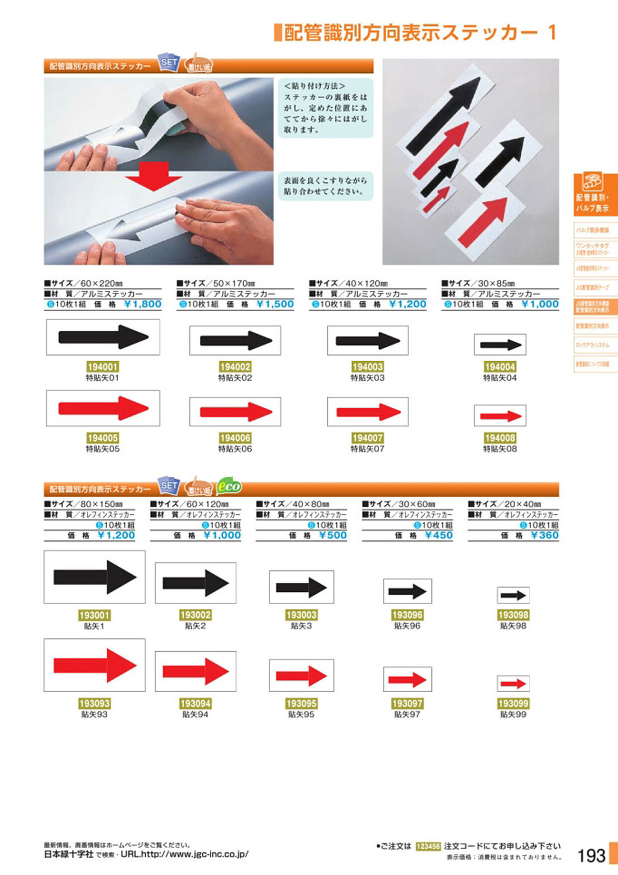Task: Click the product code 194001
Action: point(103,367)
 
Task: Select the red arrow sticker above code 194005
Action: point(103,408)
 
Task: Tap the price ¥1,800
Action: point(143,304)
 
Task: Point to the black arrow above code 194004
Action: point(500,344)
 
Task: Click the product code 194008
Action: point(500,438)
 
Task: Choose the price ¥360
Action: point(545,535)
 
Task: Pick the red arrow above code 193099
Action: point(513,683)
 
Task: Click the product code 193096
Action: point(407,615)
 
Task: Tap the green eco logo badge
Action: point(229,486)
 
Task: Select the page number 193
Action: point(591,856)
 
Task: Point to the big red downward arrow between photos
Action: point(154,176)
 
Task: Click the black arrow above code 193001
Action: point(95,577)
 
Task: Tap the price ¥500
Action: point(333,535)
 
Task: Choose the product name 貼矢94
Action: point(195,714)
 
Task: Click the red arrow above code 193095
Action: point(301,676)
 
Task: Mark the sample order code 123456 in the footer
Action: point(428,846)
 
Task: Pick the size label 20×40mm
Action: point(508,504)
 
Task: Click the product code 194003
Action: point(367,367)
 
